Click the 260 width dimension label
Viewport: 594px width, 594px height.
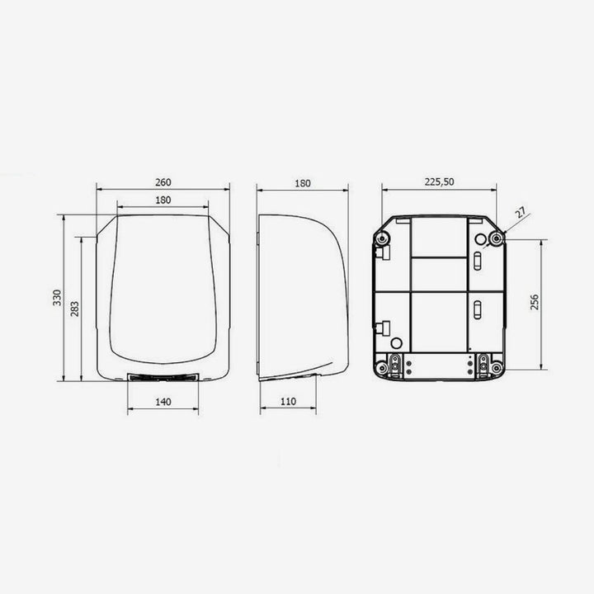163,182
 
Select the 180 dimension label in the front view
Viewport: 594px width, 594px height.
163,200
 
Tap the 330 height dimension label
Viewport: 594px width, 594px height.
57,298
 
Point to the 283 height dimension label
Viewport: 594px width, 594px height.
75,309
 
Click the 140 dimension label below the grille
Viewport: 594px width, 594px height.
163,402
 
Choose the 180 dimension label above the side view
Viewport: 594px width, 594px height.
303,184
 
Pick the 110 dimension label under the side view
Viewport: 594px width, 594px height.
288,402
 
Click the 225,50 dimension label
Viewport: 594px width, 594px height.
440,181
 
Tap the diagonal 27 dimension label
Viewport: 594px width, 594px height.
521,213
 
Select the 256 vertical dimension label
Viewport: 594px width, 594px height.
535,302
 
